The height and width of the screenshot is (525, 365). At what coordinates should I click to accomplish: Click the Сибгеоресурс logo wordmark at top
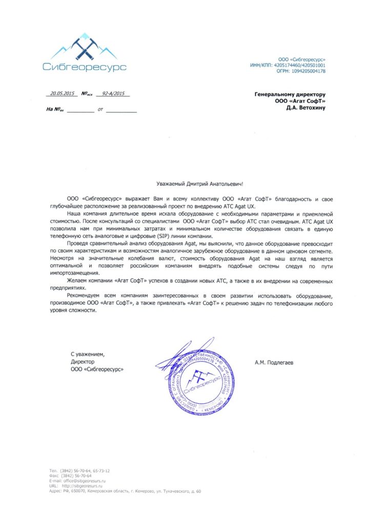[x=85, y=67]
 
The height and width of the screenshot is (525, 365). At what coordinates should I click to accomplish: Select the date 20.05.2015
[x=62, y=94]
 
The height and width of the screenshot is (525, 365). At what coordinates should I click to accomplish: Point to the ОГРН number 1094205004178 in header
[x=305, y=71]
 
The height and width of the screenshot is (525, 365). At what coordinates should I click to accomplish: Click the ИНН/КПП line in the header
[x=294, y=66]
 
